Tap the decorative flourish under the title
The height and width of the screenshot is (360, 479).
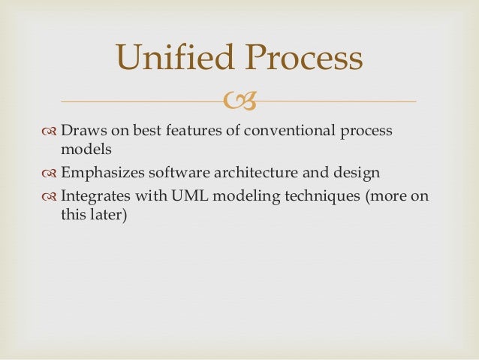239,101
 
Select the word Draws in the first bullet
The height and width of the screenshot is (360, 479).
81,131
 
